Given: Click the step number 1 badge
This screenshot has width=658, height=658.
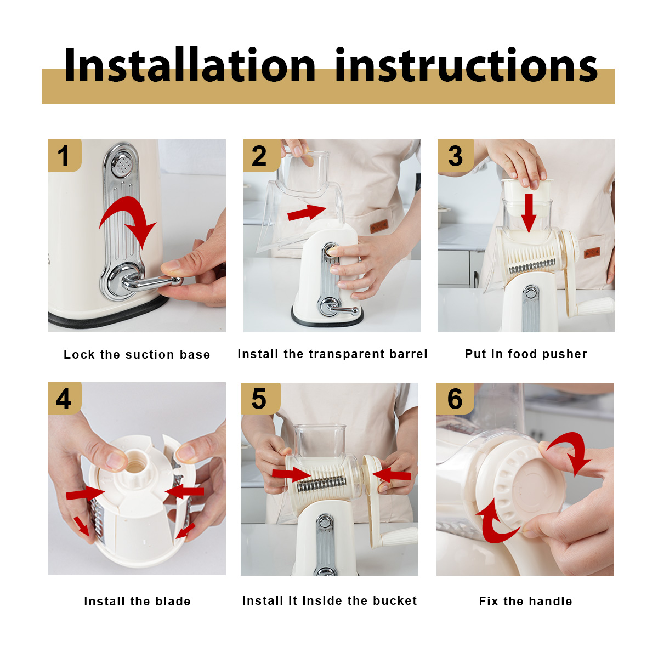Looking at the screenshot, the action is pos(65,155).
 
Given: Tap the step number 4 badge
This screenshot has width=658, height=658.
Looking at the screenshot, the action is pos(65,398).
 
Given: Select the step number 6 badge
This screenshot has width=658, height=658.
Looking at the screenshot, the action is pos(455,399).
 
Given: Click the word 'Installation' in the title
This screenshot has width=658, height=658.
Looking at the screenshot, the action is pos(190,65).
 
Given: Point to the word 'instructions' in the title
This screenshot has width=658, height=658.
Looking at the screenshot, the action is pos(467,65).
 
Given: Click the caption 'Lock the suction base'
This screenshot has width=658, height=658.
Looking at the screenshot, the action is pos(137,354).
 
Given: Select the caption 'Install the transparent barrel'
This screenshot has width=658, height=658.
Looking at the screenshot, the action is pos(332,354).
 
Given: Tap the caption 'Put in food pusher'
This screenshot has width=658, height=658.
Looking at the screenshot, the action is pos(526,354).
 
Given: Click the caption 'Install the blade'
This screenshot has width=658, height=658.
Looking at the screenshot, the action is pos(137,601).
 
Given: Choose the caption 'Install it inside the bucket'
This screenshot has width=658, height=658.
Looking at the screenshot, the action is pos(330,600).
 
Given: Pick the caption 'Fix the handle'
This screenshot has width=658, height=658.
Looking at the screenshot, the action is pos(525,601).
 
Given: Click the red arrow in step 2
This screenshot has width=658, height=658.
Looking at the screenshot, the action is pos(307,212).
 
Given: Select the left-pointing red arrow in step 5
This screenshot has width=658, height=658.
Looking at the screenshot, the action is pos(392,475).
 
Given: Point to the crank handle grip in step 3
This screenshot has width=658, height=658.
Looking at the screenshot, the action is pos(595,306).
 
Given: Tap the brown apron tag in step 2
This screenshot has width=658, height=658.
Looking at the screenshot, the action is pos(379,226).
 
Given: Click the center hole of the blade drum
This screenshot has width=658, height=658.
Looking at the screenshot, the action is pos(135,464).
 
